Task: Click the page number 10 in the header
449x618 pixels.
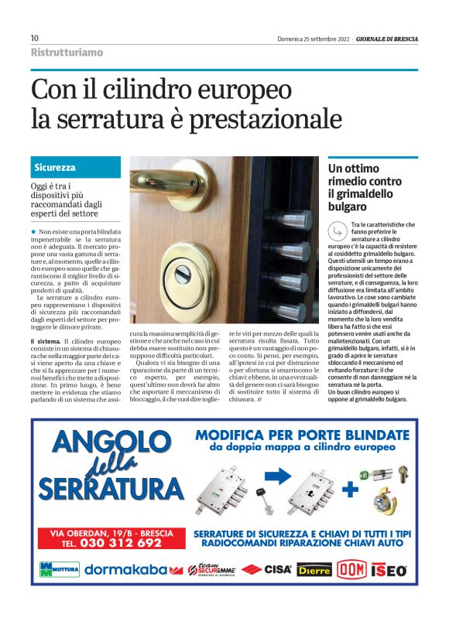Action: click(x=35, y=38)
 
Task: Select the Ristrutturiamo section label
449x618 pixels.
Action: click(x=67, y=53)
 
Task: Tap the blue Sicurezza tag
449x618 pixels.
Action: click(x=54, y=167)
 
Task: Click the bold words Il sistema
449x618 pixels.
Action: click(x=44, y=341)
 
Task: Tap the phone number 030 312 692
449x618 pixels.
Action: click(x=112, y=543)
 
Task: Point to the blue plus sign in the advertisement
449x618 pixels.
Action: click(x=351, y=489)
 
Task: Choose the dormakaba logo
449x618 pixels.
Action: click(x=127, y=570)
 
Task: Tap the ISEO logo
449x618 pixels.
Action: click(x=389, y=570)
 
